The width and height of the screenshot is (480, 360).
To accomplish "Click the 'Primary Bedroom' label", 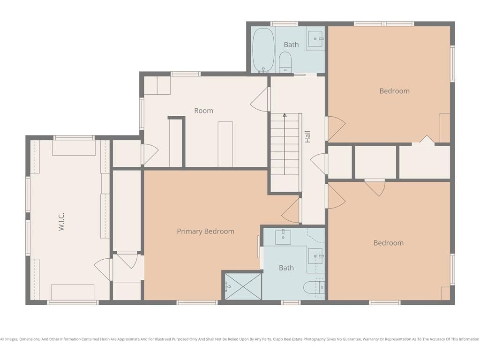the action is (x=205, y=232).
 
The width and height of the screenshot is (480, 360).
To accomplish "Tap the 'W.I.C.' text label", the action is (x=61, y=221).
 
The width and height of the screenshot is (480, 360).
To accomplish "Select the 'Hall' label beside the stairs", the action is (x=307, y=136).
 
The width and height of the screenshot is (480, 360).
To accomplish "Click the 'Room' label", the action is (x=203, y=111).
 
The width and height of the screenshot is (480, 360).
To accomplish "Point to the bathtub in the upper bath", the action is (x=263, y=50).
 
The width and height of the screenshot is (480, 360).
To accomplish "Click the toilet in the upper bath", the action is (x=285, y=62).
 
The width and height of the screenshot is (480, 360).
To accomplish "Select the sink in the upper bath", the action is (x=315, y=38).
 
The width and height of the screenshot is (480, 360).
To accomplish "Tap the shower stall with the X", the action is (x=243, y=286).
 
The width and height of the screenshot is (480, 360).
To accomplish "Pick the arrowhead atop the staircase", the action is (x=285, y=115).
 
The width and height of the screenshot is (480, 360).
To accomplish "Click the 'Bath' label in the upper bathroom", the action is (x=291, y=45).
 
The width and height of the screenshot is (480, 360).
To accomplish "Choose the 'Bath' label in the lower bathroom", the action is (x=286, y=268).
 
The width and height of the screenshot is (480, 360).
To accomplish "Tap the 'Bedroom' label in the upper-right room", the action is (x=394, y=91).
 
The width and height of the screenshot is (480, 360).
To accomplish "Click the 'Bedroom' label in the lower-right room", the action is (x=389, y=243).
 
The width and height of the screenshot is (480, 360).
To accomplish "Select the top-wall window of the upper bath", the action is (x=284, y=23).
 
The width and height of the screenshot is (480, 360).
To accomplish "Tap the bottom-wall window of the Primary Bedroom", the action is (x=197, y=302).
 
